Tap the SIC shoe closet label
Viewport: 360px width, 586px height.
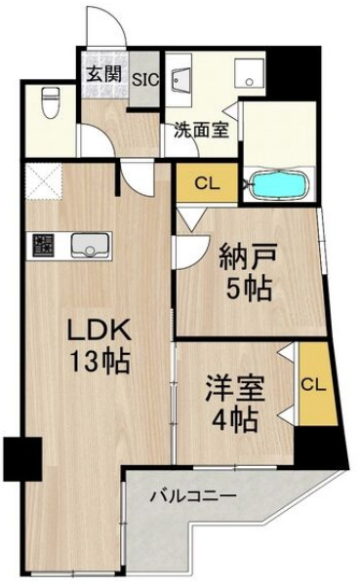tap(145, 81)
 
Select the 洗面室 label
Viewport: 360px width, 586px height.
tap(202, 130)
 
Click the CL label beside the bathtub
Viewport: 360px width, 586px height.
tap(206, 182)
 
